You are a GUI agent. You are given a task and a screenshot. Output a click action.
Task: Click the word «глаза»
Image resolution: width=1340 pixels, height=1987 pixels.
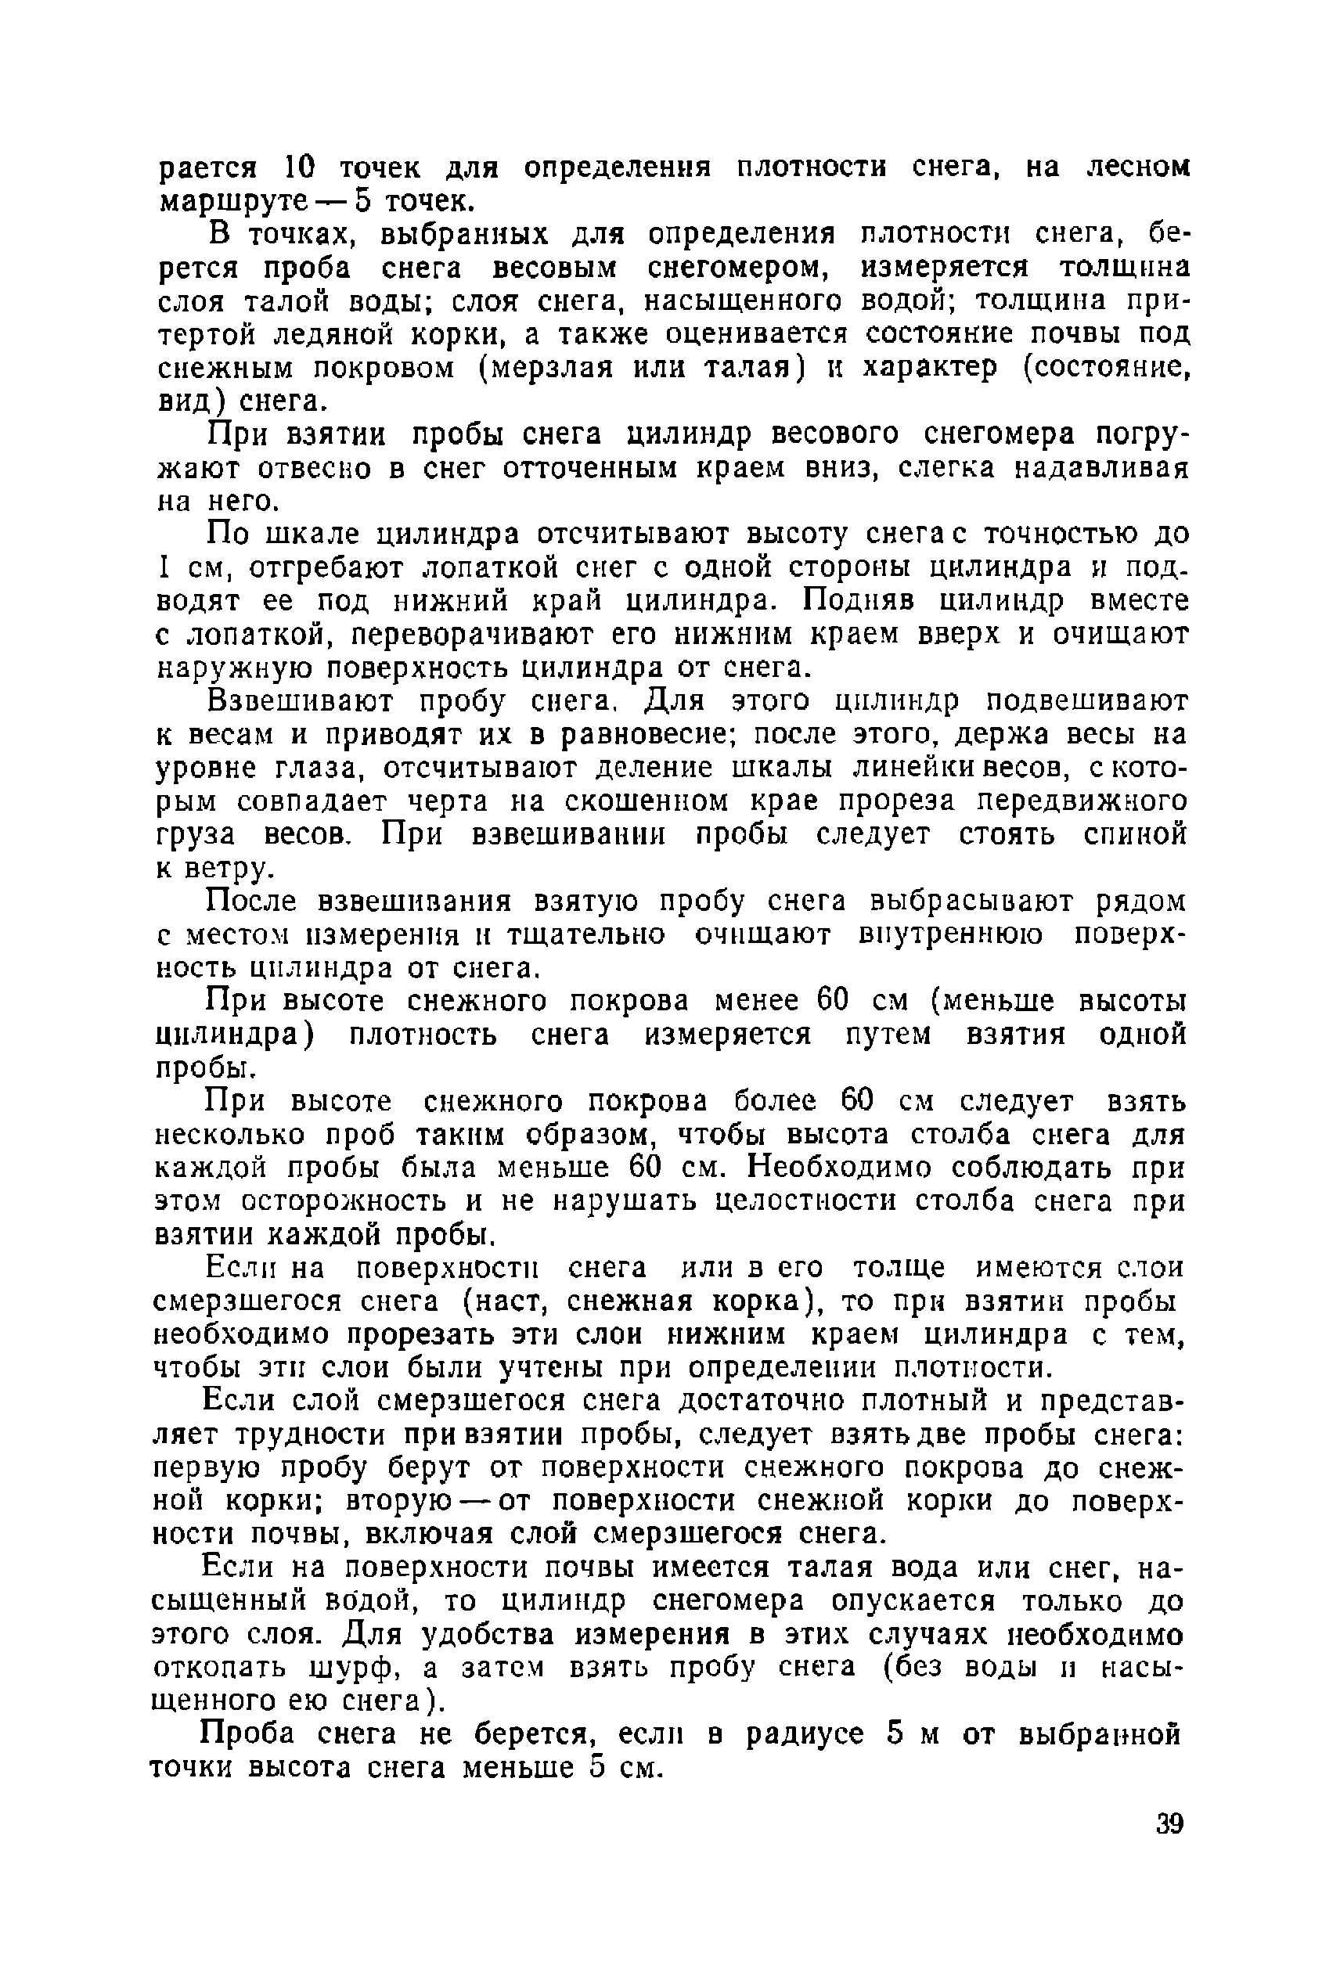(319, 769)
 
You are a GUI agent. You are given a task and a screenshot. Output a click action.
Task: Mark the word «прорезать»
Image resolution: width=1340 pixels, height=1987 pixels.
(444, 1335)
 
